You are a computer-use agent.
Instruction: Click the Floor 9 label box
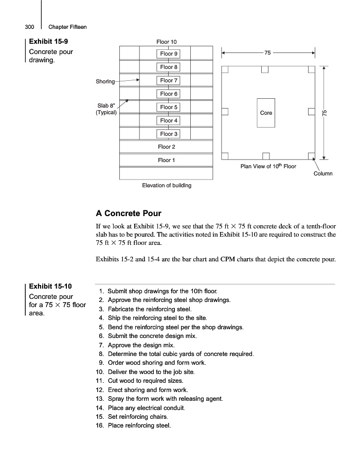[169, 54]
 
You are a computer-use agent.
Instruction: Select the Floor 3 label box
[169, 134]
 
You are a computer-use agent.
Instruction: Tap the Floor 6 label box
[169, 94]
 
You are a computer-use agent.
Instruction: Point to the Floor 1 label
[166, 160]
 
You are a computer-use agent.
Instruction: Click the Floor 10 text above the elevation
[166, 42]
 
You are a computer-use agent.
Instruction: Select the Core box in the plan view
[266, 113]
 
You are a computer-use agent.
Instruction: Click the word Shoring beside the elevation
[105, 81]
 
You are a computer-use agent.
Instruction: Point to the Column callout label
[323, 173]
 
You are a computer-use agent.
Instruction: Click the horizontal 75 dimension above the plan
[267, 52]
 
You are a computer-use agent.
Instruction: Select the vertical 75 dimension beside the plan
[325, 113]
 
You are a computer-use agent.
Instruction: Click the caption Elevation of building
[167, 185]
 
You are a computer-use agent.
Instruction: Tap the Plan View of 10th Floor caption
[268, 166]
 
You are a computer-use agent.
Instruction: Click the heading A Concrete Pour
[129, 213]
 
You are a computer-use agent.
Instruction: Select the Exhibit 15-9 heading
[47, 42]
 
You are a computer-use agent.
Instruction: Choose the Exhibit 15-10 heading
[50, 286]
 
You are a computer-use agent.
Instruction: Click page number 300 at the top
[29, 27]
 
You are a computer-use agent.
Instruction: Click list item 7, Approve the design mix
[140, 345]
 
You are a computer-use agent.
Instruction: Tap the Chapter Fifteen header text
[67, 27]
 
